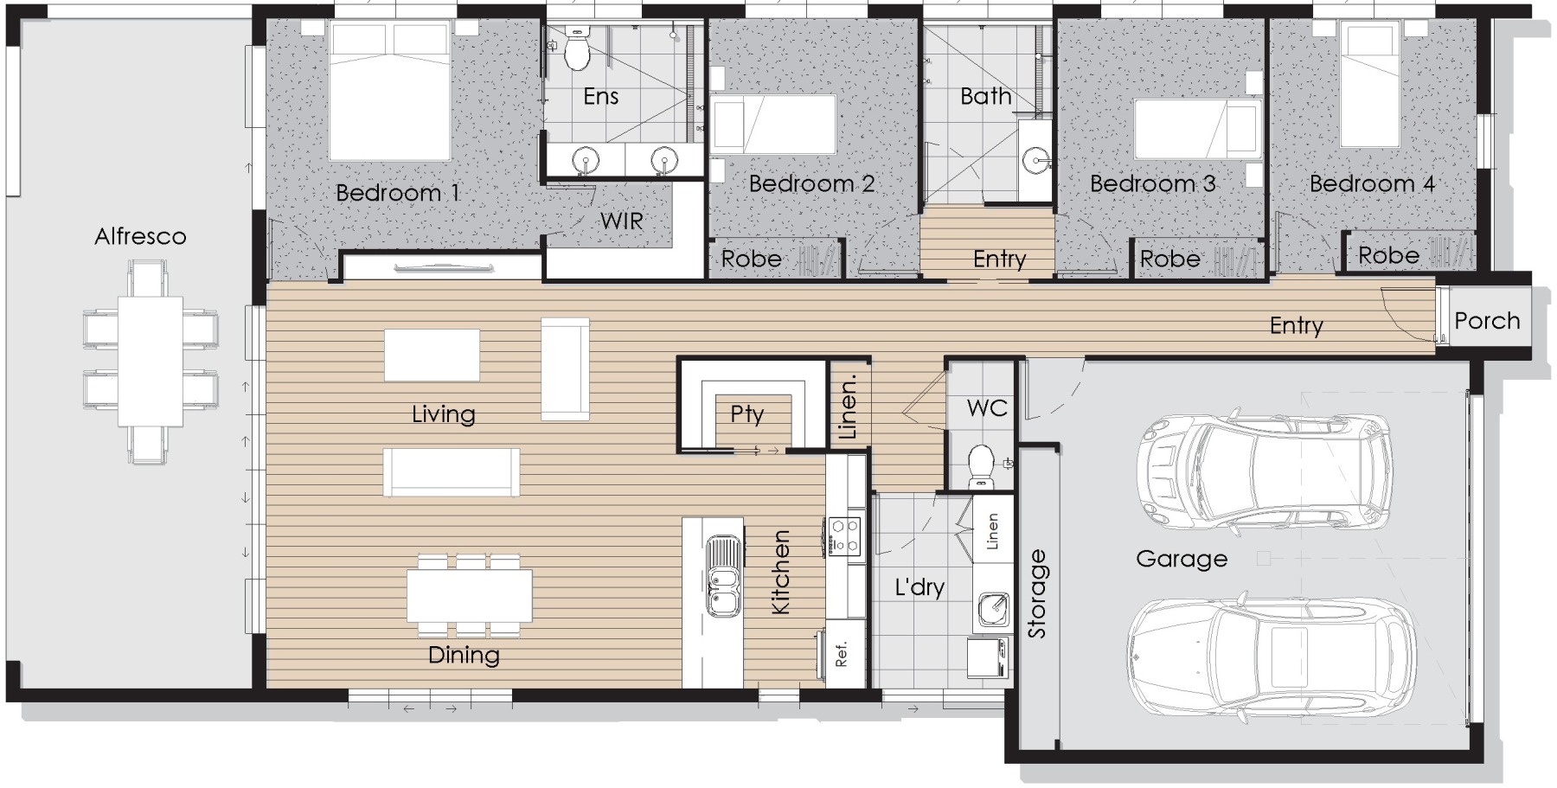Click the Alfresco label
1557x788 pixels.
point(140,236)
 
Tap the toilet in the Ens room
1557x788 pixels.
point(576,48)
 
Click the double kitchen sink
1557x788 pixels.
point(723,575)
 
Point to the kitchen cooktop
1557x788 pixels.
point(844,535)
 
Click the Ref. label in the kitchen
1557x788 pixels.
point(842,654)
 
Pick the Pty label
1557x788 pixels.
point(746,414)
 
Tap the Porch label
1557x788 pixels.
point(1487,321)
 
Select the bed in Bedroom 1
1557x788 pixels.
point(389,92)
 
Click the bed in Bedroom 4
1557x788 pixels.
point(1370,84)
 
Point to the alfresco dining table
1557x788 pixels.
point(151,361)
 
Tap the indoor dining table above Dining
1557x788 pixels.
point(470,596)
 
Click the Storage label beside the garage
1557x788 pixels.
point(1036,593)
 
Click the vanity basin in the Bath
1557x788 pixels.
point(1035,160)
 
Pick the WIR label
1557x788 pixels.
point(622,221)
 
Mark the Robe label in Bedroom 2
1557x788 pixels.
point(751,259)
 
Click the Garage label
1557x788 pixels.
point(1182,559)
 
